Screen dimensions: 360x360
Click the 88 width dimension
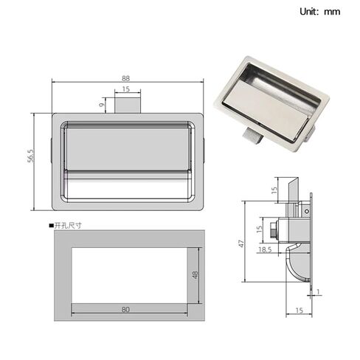(125, 78)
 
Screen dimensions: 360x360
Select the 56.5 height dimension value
(30, 156)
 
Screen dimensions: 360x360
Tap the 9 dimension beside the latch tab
(101, 105)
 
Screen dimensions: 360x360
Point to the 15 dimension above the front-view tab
(125, 89)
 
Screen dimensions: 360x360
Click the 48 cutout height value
(195, 275)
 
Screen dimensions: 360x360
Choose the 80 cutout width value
(125, 309)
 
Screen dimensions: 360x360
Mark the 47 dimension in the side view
(242, 243)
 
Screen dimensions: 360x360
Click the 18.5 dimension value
(265, 250)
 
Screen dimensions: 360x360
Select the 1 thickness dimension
(318, 292)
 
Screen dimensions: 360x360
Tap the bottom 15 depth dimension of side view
(299, 311)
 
